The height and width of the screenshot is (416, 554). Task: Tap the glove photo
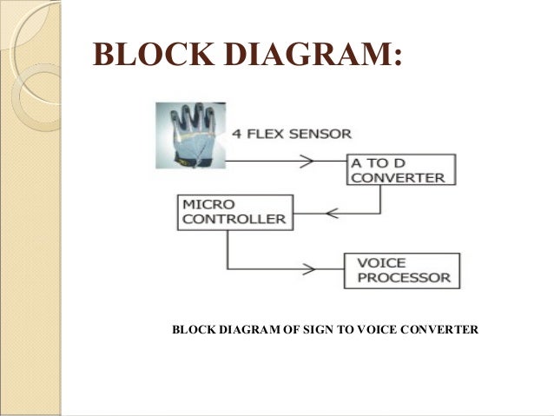click(188, 135)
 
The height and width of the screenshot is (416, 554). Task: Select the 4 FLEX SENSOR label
click(292, 134)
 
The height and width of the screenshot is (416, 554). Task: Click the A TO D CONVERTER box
click(399, 169)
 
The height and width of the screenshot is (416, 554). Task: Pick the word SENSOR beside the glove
click(324, 134)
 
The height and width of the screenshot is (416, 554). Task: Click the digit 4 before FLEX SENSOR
click(236, 134)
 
